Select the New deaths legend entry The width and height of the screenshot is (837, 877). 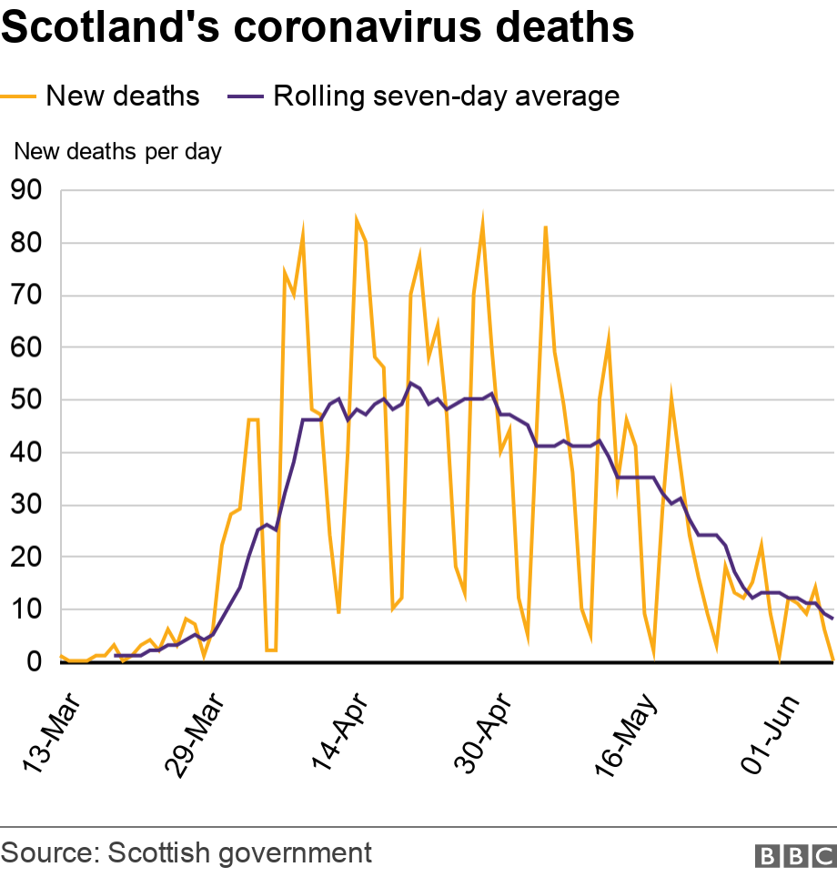click(122, 96)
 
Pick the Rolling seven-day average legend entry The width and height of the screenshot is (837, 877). click(446, 96)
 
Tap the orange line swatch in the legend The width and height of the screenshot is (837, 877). click(20, 96)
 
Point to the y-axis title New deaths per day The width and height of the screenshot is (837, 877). click(117, 151)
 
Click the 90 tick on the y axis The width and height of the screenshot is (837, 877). click(26, 191)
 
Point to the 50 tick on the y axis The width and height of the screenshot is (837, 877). click(26, 400)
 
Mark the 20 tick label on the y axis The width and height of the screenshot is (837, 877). click(26, 557)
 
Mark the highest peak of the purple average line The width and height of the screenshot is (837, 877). click(410, 383)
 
